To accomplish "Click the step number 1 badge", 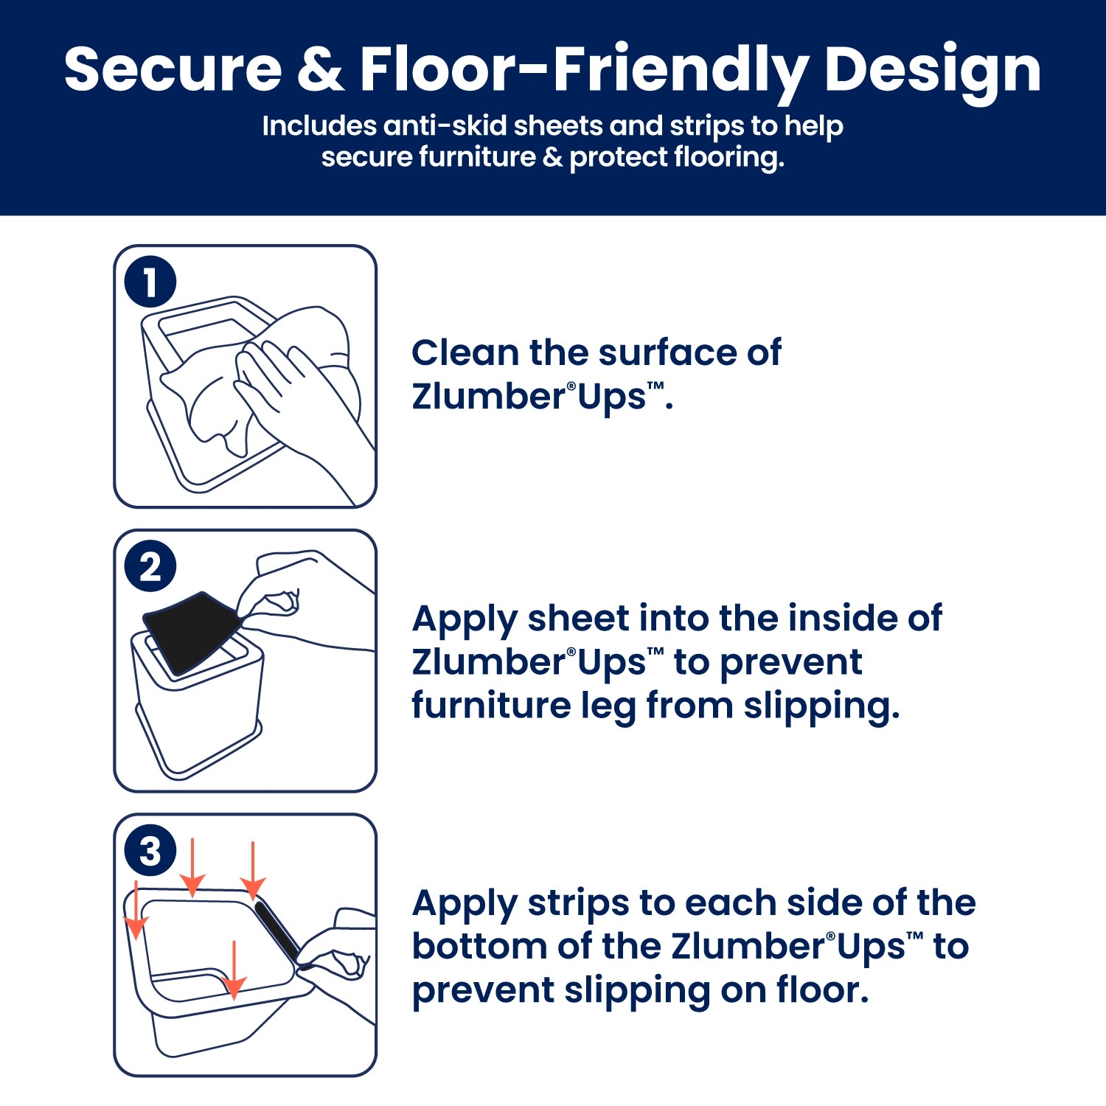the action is tap(150, 282).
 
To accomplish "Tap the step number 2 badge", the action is tap(150, 567).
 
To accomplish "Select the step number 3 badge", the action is tap(150, 852).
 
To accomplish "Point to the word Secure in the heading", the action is tap(173, 69).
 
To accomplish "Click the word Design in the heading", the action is tap(932, 71).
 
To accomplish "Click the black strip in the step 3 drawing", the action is tap(276, 931).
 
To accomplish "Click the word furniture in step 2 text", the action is tap(491, 706).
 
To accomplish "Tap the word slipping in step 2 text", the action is tap(821, 707).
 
